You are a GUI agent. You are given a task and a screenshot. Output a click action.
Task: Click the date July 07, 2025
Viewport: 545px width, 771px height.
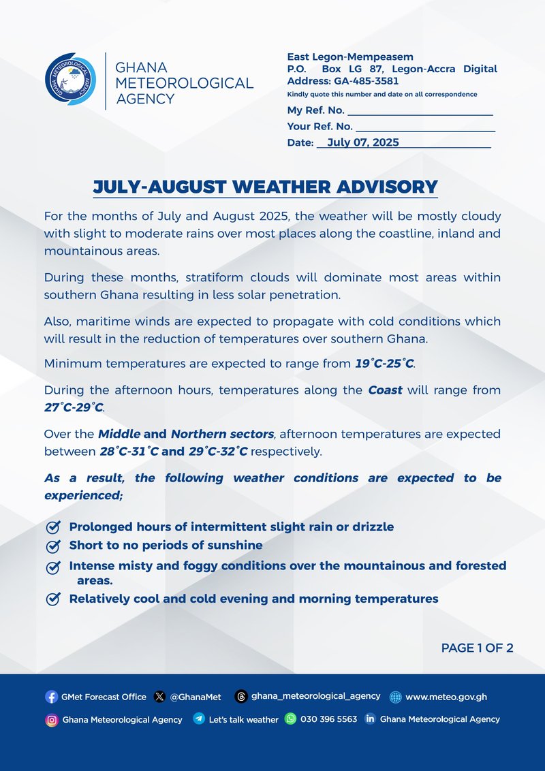[362, 142]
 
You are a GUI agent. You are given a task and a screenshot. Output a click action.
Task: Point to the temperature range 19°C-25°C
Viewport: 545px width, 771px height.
[384, 363]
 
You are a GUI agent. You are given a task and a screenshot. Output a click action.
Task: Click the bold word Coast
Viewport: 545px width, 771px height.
[386, 390]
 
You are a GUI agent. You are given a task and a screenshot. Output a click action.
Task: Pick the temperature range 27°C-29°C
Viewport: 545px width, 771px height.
[74, 407]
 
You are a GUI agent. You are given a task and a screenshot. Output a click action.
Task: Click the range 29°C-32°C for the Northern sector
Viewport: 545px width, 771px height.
[219, 451]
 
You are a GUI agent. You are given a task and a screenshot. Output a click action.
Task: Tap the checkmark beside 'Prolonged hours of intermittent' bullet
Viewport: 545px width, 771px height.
[52, 527]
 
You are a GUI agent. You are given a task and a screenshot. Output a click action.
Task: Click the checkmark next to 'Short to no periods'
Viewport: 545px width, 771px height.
[52, 546]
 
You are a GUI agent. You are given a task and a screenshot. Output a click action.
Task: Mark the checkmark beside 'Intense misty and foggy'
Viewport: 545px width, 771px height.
[52, 567]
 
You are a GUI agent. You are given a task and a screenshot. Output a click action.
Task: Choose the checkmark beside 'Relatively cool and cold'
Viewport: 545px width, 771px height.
[52, 599]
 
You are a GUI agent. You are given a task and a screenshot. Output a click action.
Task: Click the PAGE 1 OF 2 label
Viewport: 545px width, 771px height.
[477, 648]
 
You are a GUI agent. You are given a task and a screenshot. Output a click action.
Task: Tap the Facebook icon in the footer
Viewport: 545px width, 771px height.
[52, 697]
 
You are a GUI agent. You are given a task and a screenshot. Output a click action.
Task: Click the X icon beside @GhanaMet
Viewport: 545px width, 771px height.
[160, 697]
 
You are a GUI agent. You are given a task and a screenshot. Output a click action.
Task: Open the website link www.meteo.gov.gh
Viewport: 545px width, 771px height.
[446, 697]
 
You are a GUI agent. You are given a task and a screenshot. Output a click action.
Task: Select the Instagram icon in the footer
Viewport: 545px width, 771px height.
[52, 719]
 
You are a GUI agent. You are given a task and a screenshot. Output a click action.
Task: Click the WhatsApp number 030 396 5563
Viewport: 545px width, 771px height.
[328, 719]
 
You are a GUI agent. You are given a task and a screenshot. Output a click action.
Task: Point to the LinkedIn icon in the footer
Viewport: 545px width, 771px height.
[371, 719]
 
